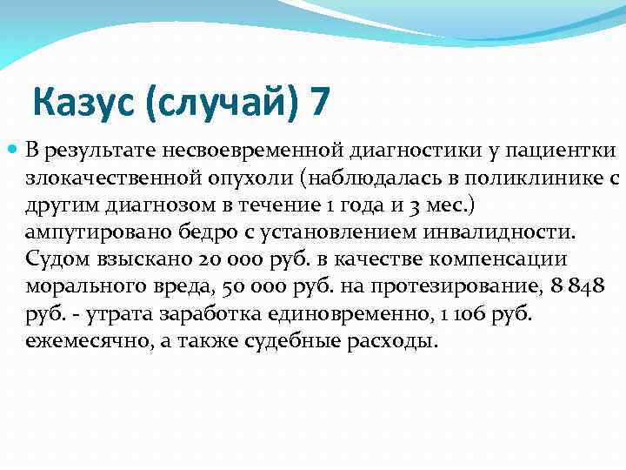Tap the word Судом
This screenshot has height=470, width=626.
(56, 261)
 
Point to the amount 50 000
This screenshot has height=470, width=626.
(249, 288)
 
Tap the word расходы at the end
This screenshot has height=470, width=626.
(378, 342)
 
